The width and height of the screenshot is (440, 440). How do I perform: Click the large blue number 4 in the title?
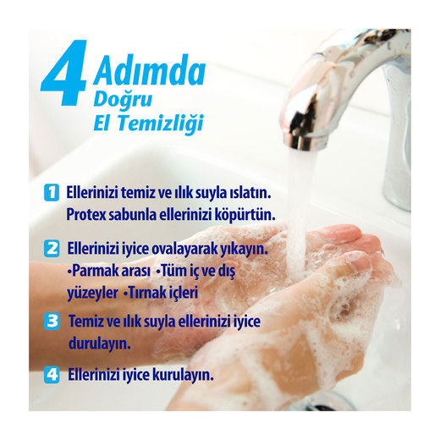pos(64,73)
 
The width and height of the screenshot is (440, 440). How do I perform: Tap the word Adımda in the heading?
pos(150,70)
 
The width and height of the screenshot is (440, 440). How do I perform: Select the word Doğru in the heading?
pos(123,100)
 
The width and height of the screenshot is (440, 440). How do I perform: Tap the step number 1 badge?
pos(52,192)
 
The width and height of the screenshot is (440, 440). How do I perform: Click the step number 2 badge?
pos(52,248)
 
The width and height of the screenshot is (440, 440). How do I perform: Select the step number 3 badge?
pos(52,322)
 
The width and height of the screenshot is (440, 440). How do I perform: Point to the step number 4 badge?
pos(52,375)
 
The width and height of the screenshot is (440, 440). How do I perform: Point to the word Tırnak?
pos(146,293)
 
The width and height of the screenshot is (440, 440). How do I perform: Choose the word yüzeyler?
pos(92,294)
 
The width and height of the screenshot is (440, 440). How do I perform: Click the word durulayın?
pos(100,344)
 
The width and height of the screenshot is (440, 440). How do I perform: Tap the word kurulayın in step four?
pos(183,376)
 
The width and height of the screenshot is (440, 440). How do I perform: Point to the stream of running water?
pos(299,214)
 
